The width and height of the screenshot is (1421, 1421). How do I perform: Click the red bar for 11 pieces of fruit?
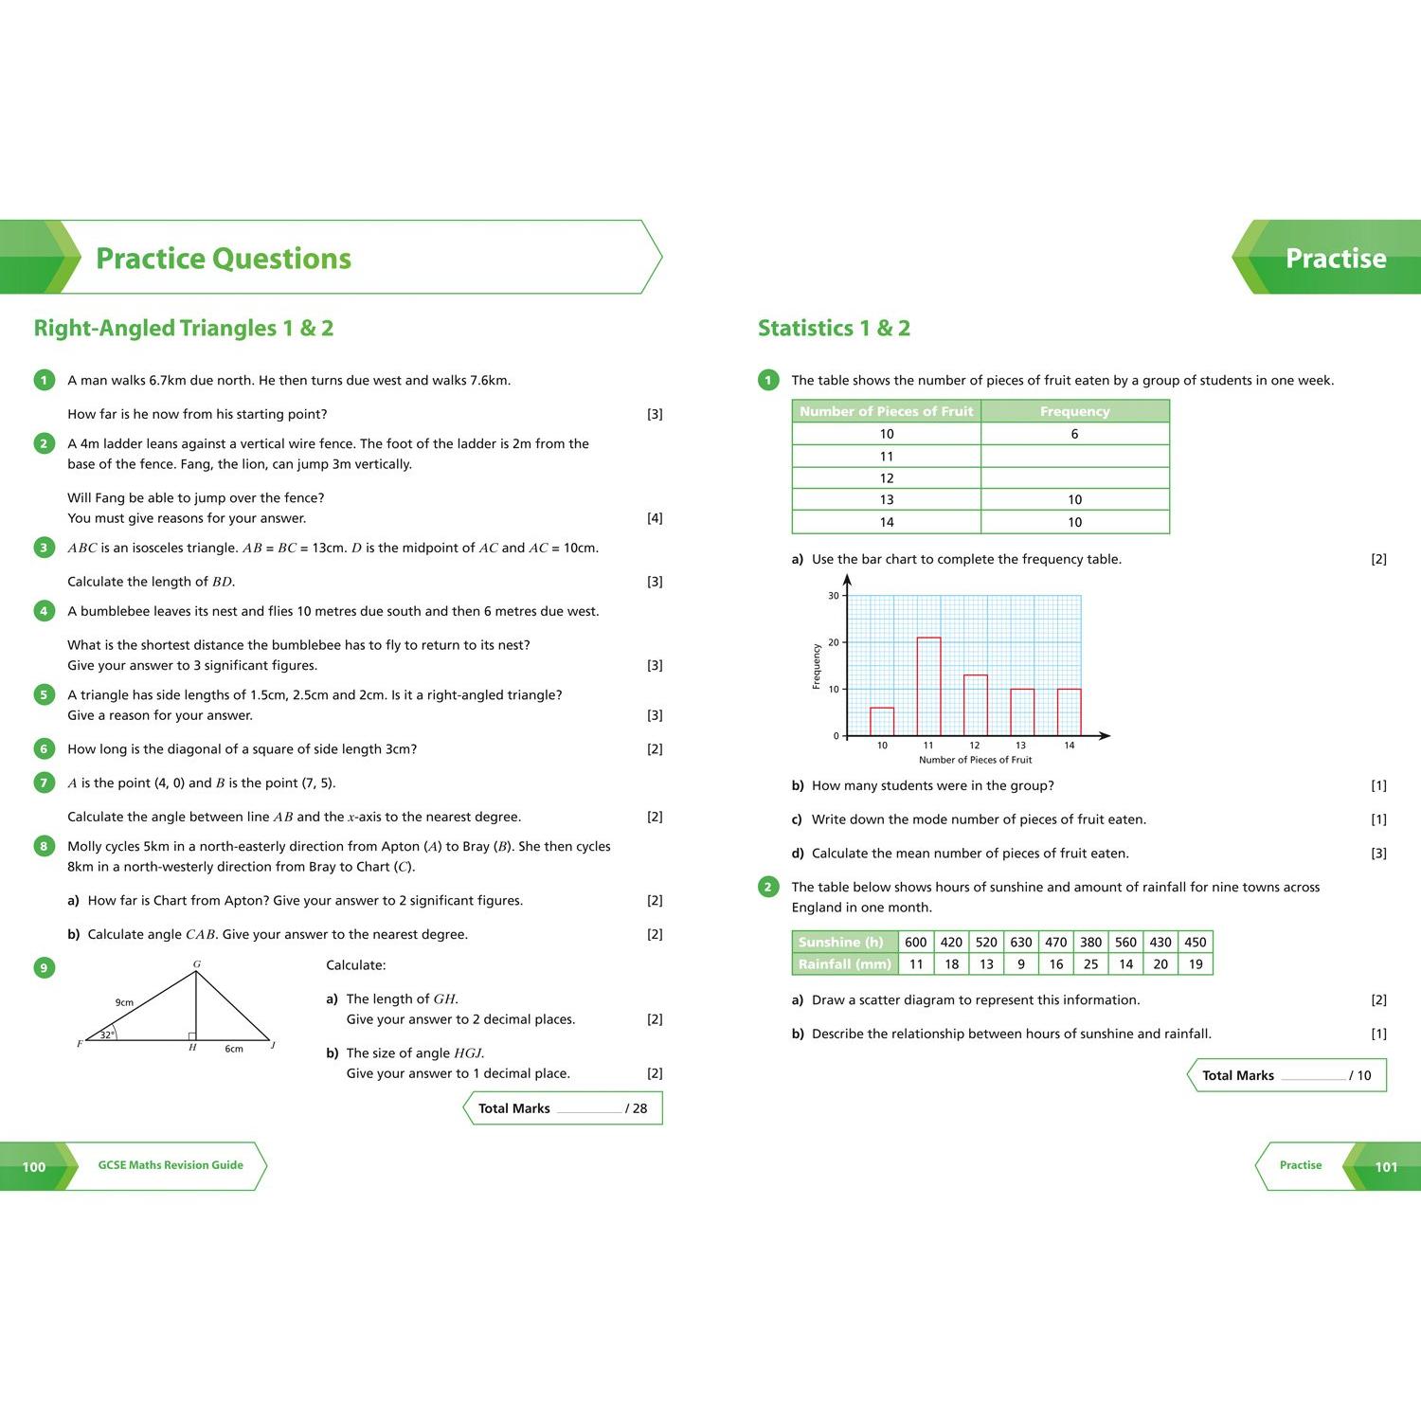tap(928, 687)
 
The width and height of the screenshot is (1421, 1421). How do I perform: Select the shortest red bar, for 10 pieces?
tap(882, 721)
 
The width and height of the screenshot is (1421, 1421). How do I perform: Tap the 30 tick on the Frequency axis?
tap(834, 596)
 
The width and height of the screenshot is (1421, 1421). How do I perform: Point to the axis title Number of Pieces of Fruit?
tap(975, 760)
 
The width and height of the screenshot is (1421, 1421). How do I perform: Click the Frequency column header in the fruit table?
tap(1074, 411)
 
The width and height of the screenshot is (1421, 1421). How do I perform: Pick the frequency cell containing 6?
tap(1074, 434)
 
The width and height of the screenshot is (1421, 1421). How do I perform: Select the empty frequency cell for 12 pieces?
tap(1074, 478)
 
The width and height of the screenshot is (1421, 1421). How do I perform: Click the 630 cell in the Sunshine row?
tap(1020, 943)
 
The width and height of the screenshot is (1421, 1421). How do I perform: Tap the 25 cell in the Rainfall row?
tap(1090, 964)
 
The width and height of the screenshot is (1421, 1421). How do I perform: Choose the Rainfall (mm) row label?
tap(844, 964)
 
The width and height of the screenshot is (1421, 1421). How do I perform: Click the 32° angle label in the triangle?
tap(108, 1034)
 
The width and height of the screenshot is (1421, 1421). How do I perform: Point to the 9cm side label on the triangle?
tap(124, 1002)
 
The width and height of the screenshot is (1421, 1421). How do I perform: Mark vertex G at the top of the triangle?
tap(197, 964)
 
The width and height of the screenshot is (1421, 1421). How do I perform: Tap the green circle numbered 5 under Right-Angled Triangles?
tap(44, 695)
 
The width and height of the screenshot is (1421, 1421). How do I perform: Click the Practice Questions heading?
tap(224, 258)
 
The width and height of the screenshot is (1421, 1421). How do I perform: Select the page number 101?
tap(1386, 1167)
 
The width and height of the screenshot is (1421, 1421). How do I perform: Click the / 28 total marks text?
tap(636, 1108)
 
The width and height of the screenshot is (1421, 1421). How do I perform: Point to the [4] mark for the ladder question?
tap(655, 518)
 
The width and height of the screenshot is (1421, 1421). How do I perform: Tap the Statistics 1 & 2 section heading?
tap(834, 329)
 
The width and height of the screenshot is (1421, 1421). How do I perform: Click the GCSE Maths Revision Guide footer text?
tap(171, 1165)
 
